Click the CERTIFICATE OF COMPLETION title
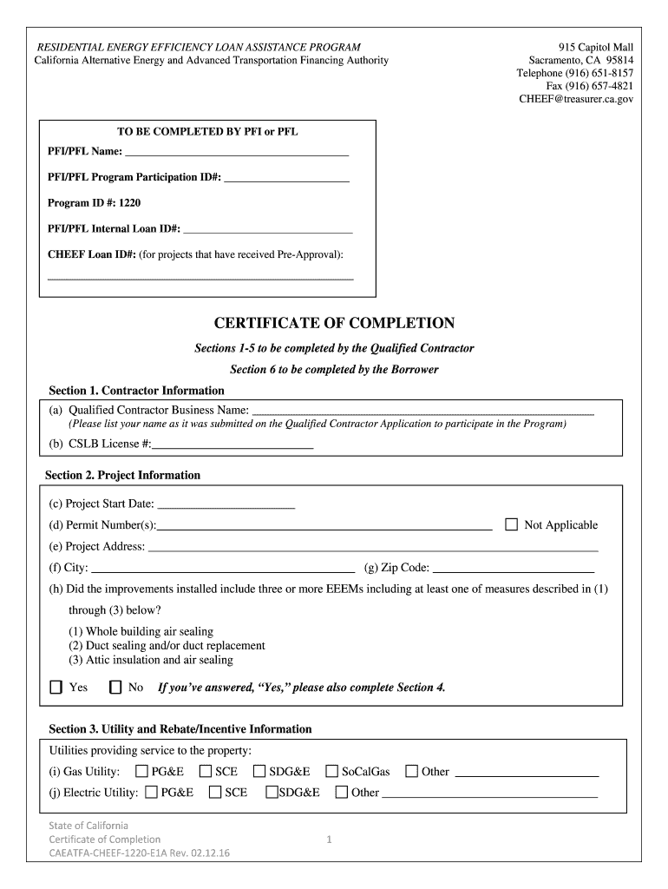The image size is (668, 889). tap(334, 323)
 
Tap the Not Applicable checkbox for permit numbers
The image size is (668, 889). tap(511, 524)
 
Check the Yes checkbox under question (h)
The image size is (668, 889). tap(56, 688)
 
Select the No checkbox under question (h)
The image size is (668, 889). tap(115, 688)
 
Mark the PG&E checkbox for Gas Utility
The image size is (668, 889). tap(141, 771)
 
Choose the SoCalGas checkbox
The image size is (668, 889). tap(331, 771)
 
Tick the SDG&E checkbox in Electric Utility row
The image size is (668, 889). tap(272, 792)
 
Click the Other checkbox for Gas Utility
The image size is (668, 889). tap(411, 771)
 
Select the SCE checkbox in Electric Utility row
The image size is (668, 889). tap(214, 792)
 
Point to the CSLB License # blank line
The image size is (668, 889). tap(232, 445)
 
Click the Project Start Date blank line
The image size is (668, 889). tap(226, 504)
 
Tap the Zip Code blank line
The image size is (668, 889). tap(514, 570)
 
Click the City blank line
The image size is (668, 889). tap(223, 570)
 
